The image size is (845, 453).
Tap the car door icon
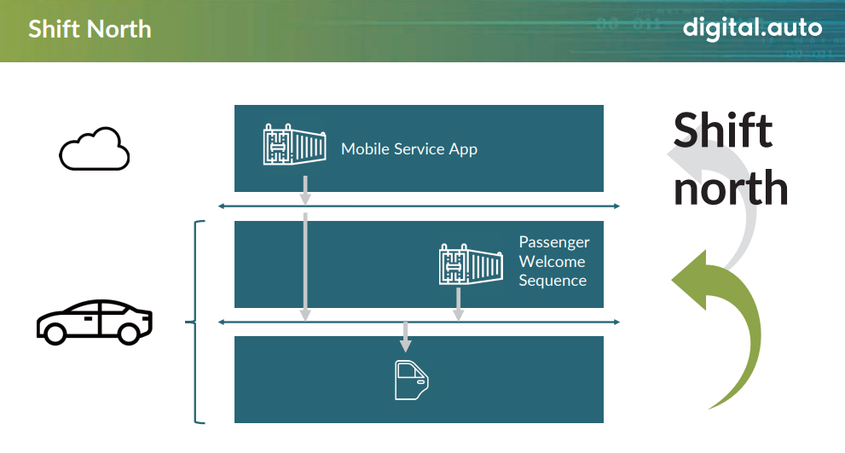point(412,380)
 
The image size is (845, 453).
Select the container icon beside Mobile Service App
point(294,144)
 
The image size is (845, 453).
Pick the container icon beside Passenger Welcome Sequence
point(471,264)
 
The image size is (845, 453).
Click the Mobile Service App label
point(409,148)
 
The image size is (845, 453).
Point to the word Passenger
point(554,242)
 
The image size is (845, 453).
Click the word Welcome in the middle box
point(552,262)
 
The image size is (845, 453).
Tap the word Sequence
point(553,281)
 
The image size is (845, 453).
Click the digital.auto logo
point(752,27)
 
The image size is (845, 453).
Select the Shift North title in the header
point(90,29)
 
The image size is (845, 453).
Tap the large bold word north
point(730,189)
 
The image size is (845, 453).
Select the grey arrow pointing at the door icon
point(405,336)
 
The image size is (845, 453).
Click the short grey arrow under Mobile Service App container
point(305,190)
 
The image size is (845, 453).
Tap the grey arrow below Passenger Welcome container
point(458,305)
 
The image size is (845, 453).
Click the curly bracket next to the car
point(194,322)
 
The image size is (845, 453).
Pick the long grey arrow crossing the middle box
point(305,267)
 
